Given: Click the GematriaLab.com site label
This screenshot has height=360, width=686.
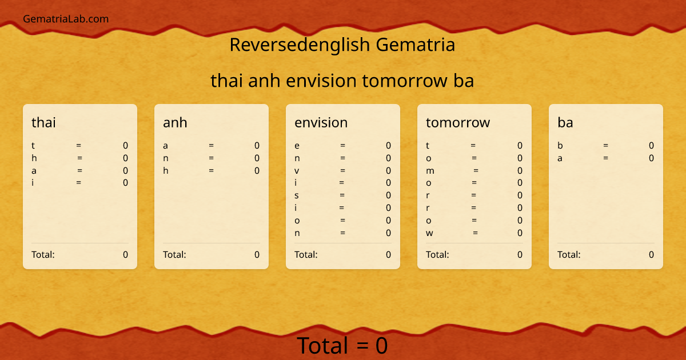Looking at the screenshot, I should pyautogui.click(x=66, y=19).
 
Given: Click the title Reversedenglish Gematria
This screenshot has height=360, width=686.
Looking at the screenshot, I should pyautogui.click(x=342, y=45).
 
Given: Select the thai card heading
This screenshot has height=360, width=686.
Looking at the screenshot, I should pyautogui.click(x=43, y=122).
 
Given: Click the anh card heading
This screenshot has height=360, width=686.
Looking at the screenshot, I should pyautogui.click(x=175, y=122).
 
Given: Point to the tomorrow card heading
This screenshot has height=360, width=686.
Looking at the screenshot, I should pyautogui.click(x=457, y=122).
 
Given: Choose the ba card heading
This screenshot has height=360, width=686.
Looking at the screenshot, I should pyautogui.click(x=565, y=122).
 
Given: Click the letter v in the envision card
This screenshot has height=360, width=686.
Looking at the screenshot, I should pyautogui.click(x=297, y=171).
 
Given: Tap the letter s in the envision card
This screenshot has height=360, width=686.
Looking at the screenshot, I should pyautogui.click(x=297, y=195).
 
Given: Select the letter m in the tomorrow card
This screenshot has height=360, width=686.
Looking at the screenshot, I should pyautogui.click(x=430, y=171).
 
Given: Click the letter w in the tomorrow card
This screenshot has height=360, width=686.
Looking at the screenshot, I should pyautogui.click(x=429, y=233).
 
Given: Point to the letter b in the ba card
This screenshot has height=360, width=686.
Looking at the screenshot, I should pyautogui.click(x=560, y=146).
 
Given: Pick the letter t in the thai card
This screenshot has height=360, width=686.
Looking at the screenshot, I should pyautogui.click(x=33, y=146).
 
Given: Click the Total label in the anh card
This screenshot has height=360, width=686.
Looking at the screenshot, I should pyautogui.click(x=174, y=255).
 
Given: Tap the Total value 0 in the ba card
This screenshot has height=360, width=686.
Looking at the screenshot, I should pyautogui.click(x=651, y=255).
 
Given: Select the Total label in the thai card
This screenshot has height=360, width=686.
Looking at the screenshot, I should pyautogui.click(x=43, y=255).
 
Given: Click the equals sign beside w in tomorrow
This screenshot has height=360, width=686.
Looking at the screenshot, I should pyautogui.click(x=476, y=233).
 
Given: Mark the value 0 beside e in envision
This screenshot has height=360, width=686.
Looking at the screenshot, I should pyautogui.click(x=388, y=146).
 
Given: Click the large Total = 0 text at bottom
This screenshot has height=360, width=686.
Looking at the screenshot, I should pyautogui.click(x=342, y=346).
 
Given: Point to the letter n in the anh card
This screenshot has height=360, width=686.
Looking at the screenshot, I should pyautogui.click(x=165, y=158).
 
